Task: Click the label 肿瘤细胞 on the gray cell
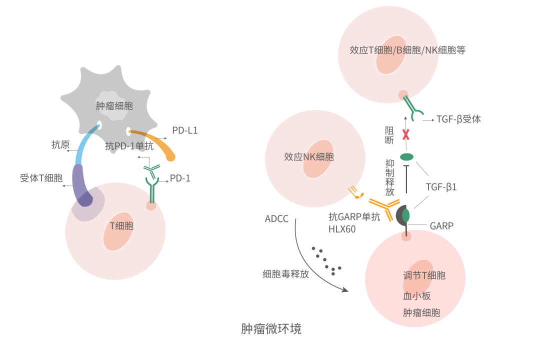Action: [x=114, y=105]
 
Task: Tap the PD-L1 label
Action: [x=185, y=130]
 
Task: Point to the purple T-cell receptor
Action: [x=80, y=185]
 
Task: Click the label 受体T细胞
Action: [x=41, y=178]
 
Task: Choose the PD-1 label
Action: [x=180, y=178]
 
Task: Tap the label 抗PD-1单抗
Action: [x=129, y=146]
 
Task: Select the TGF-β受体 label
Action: [x=458, y=119]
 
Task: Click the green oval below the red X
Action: [x=406, y=156]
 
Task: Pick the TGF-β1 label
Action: [x=441, y=187]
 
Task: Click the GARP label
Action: [x=441, y=226]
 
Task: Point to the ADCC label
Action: [x=276, y=218]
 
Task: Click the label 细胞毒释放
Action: [x=285, y=274]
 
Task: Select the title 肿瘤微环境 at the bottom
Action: [x=271, y=329]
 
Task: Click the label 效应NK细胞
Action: [x=308, y=156]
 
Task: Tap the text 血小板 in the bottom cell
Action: [x=416, y=295]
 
